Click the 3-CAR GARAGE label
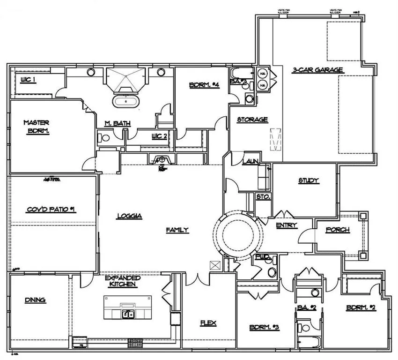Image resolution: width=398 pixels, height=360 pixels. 317,70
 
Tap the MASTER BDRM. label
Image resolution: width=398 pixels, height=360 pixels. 37,126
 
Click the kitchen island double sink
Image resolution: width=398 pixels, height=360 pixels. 127,314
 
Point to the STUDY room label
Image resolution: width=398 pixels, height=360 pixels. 309,180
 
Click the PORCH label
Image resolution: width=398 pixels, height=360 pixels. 337,230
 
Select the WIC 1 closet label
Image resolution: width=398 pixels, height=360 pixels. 28,80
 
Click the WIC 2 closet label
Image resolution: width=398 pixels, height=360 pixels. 159,136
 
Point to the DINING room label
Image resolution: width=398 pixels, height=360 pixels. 35,300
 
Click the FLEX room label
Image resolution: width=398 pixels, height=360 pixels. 207,323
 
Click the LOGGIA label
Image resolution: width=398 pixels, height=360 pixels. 129,216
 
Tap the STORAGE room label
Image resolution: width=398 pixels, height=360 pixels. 252,120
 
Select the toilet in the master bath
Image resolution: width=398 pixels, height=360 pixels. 104,138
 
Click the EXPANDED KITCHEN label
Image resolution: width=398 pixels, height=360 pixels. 123,281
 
